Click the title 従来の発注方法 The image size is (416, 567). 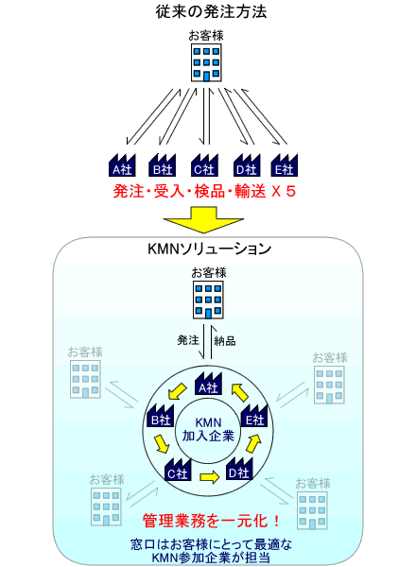click(x=211, y=11)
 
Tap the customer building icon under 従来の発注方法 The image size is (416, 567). click(x=206, y=62)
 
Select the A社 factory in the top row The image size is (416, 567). click(x=122, y=165)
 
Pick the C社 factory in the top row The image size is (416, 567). click(x=204, y=165)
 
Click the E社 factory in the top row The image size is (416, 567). click(x=285, y=165)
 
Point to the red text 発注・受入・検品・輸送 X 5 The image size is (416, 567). click(x=204, y=191)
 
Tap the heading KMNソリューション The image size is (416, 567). click(x=210, y=249)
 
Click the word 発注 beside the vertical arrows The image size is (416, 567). click(x=188, y=340)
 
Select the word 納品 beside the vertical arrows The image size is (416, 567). click(x=225, y=340)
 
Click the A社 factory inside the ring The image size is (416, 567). click(x=208, y=384)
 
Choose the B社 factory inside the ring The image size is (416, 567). click(x=161, y=416)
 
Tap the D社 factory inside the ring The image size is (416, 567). click(x=239, y=469)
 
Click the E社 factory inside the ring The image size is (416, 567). click(x=254, y=416)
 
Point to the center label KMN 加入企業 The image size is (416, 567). click(x=208, y=430)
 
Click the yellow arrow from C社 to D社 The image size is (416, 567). click(x=210, y=477)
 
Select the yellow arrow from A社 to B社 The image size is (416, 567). click(x=177, y=392)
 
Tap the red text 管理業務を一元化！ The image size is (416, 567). click(x=211, y=521)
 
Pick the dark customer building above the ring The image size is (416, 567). click(x=208, y=300)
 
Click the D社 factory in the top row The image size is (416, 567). click(x=247, y=165)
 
